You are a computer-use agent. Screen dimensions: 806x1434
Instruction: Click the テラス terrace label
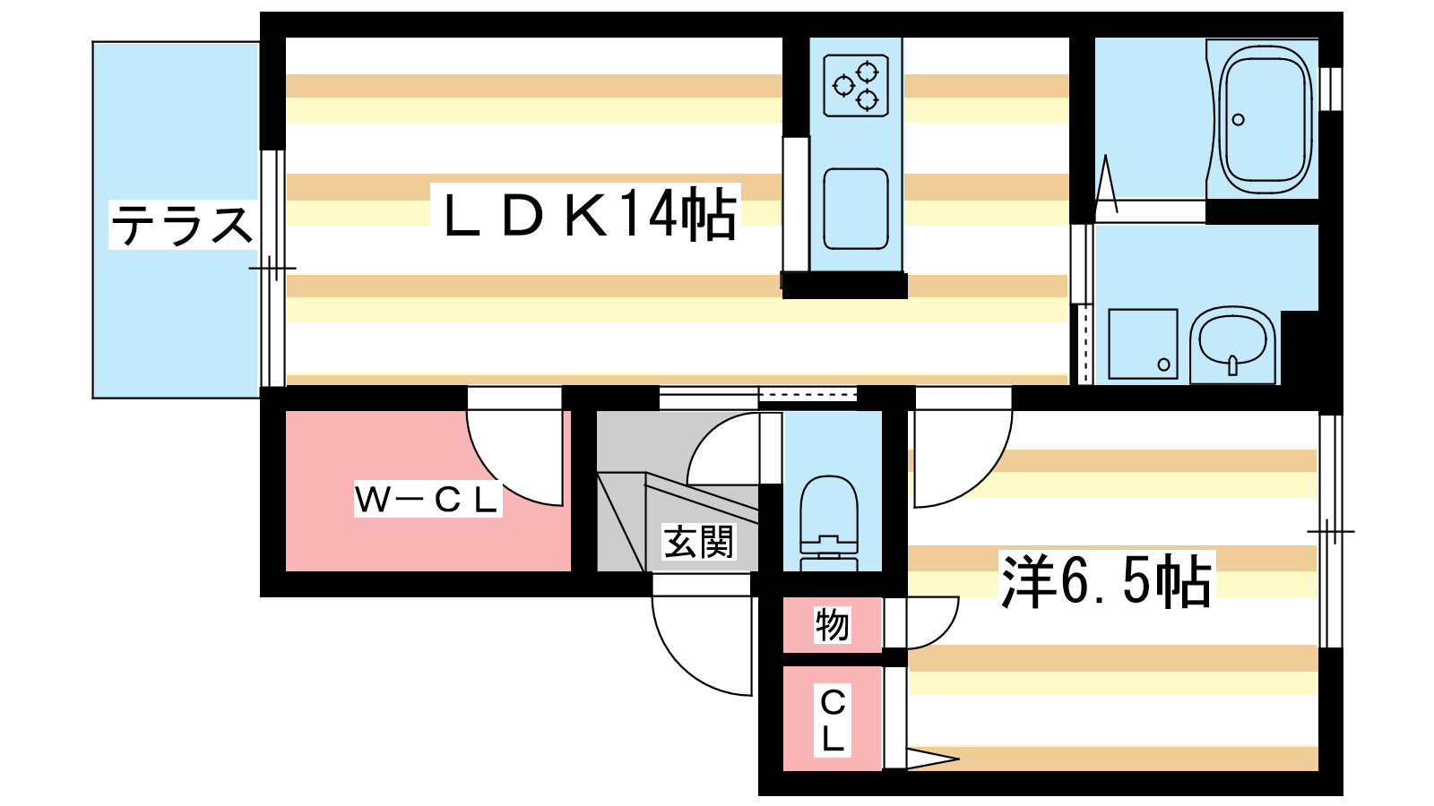click(182, 225)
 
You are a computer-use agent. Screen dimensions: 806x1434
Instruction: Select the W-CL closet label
click(427, 500)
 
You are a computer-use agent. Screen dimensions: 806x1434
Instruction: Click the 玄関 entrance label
click(698, 542)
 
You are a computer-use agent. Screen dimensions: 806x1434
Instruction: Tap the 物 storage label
click(832, 624)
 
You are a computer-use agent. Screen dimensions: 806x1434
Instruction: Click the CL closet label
click(833, 720)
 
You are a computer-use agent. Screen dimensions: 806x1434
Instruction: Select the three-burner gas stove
click(856, 85)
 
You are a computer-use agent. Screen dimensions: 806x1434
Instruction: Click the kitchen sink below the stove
click(856, 209)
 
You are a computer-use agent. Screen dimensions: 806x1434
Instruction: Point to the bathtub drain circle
click(1239, 120)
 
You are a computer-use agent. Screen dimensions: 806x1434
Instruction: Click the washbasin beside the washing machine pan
click(1233, 345)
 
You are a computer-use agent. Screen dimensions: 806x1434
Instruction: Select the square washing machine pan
click(1143, 344)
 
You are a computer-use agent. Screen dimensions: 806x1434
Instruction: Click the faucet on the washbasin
click(1233, 364)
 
